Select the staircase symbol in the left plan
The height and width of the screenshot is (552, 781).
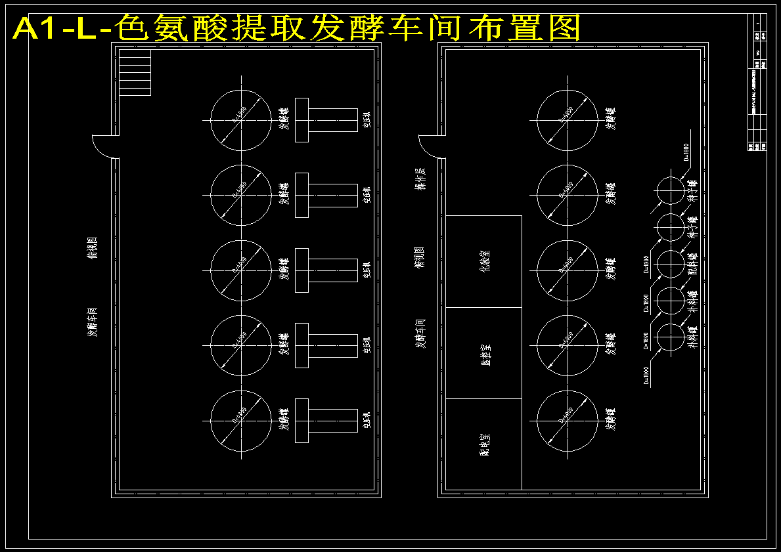click(x=135, y=74)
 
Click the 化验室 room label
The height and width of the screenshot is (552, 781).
click(x=484, y=261)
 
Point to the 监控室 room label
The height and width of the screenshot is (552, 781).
click(x=484, y=352)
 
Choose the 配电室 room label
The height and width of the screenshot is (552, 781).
click(x=484, y=444)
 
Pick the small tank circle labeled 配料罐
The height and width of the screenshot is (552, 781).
click(x=671, y=264)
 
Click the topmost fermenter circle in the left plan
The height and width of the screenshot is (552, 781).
click(x=241, y=120)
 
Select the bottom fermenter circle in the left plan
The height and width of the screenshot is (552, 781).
click(x=241, y=421)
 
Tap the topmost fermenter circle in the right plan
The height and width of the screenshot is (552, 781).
click(x=568, y=120)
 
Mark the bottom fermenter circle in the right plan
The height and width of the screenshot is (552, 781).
click(x=568, y=421)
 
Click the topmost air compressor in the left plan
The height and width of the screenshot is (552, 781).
click(x=326, y=119)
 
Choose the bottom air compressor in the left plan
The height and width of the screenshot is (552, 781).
click(x=326, y=420)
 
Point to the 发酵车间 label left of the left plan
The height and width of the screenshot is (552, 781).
click(x=93, y=321)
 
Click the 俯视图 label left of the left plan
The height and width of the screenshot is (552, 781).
click(x=93, y=247)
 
